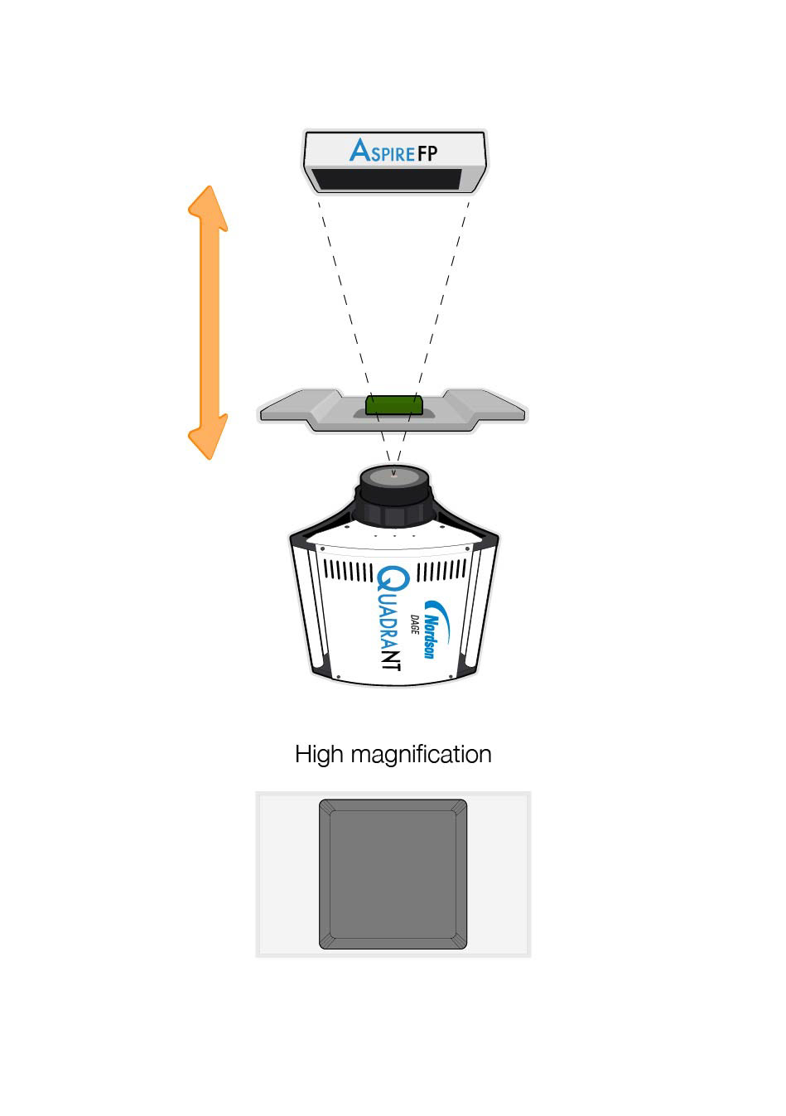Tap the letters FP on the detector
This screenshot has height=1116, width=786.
427,153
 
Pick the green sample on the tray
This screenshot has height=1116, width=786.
394,404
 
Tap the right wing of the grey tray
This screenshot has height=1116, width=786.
497,408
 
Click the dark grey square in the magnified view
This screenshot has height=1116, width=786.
393,874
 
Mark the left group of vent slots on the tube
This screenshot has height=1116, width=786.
347,571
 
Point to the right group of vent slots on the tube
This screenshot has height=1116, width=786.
442,571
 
